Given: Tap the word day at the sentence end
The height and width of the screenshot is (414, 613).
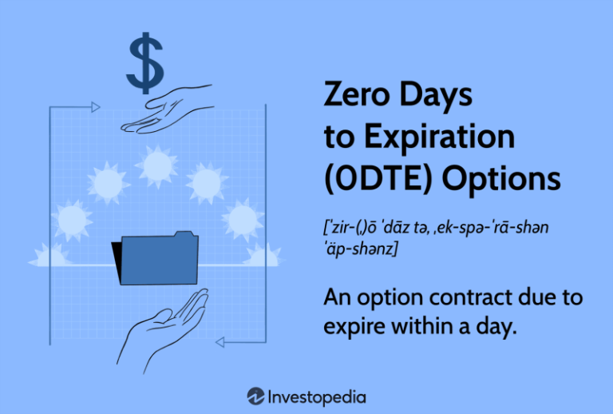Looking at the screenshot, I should tap(496, 328).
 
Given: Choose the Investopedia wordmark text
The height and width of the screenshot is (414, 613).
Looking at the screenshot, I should tap(318, 396).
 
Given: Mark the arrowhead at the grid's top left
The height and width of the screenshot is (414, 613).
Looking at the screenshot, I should tap(95, 106).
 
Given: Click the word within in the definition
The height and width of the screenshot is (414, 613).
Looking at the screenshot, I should tap(431, 328).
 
